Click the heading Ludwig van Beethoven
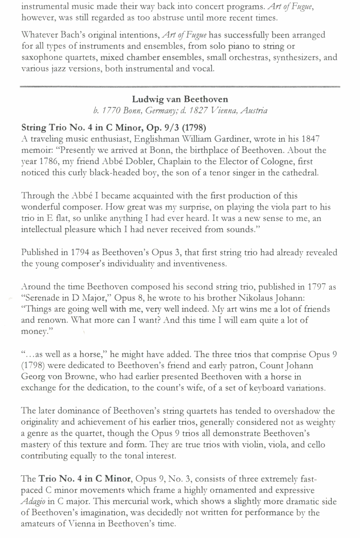pyautogui.click(x=179, y=99)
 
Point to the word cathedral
pyautogui.click(x=297, y=173)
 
